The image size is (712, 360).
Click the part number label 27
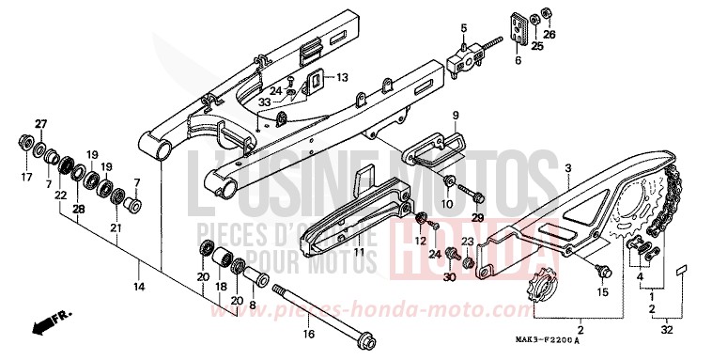tap(40, 124)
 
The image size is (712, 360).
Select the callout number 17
tap(26, 176)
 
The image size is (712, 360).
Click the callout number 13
tap(342, 76)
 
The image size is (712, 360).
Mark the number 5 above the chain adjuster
tap(463, 28)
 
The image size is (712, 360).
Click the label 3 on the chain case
tap(567, 167)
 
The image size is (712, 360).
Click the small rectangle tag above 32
tap(684, 269)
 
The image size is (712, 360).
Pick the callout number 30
tap(450, 277)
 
